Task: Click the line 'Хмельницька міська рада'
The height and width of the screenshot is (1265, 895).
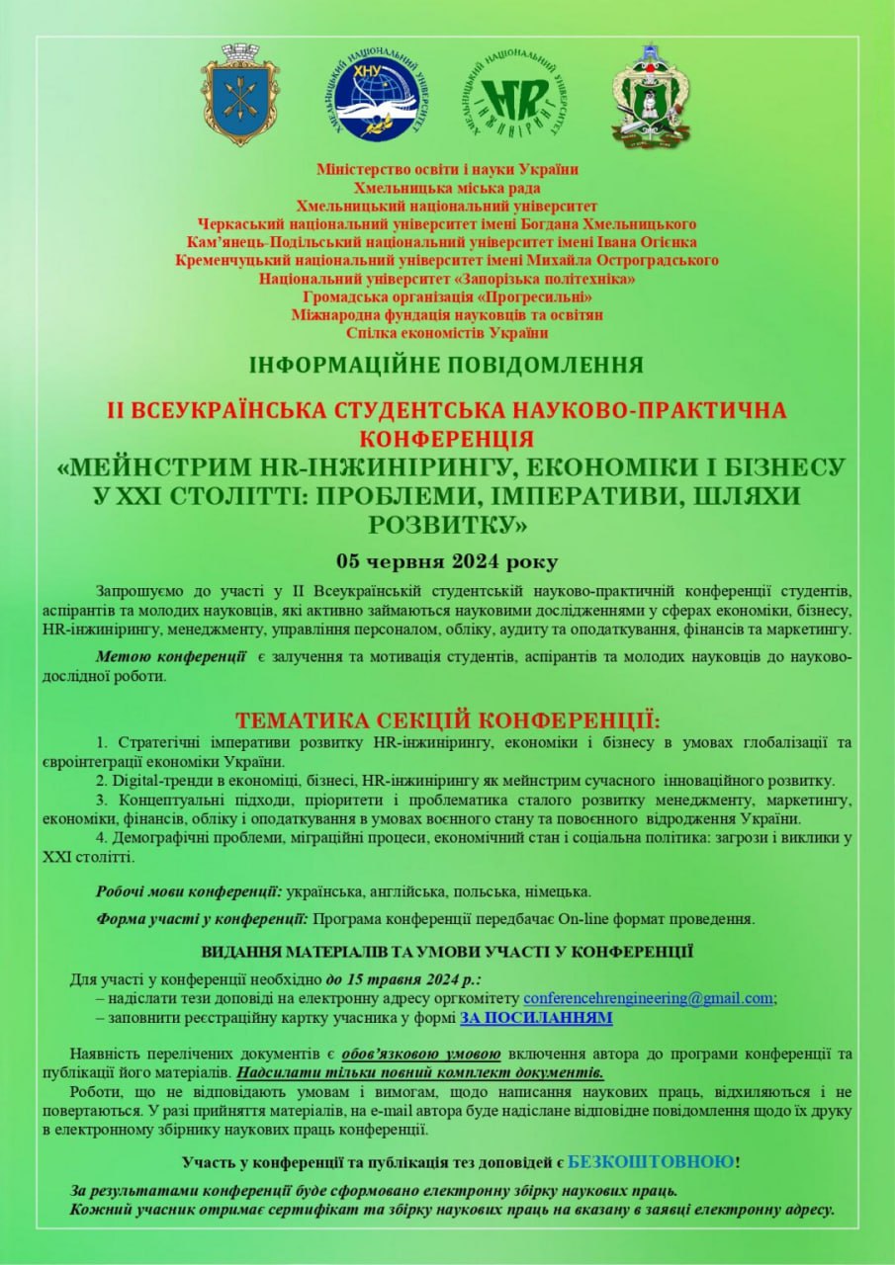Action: coord(447,188)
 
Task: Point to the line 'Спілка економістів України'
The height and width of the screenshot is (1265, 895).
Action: coord(447,333)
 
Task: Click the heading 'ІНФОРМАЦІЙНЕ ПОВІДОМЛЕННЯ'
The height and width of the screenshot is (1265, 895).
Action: coord(447,365)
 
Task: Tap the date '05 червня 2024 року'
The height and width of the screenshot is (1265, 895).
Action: coord(447,562)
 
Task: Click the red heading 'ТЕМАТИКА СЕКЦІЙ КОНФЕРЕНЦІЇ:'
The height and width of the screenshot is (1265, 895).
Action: coord(447,718)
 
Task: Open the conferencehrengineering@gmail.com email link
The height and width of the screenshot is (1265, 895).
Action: coord(648,998)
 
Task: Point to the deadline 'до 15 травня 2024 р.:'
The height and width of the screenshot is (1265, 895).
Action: coord(403,979)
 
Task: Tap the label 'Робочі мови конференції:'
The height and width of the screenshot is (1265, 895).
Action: coord(189,891)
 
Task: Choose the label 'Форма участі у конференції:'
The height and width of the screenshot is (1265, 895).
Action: coord(202,919)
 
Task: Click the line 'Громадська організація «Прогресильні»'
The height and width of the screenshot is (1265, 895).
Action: coord(447,296)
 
